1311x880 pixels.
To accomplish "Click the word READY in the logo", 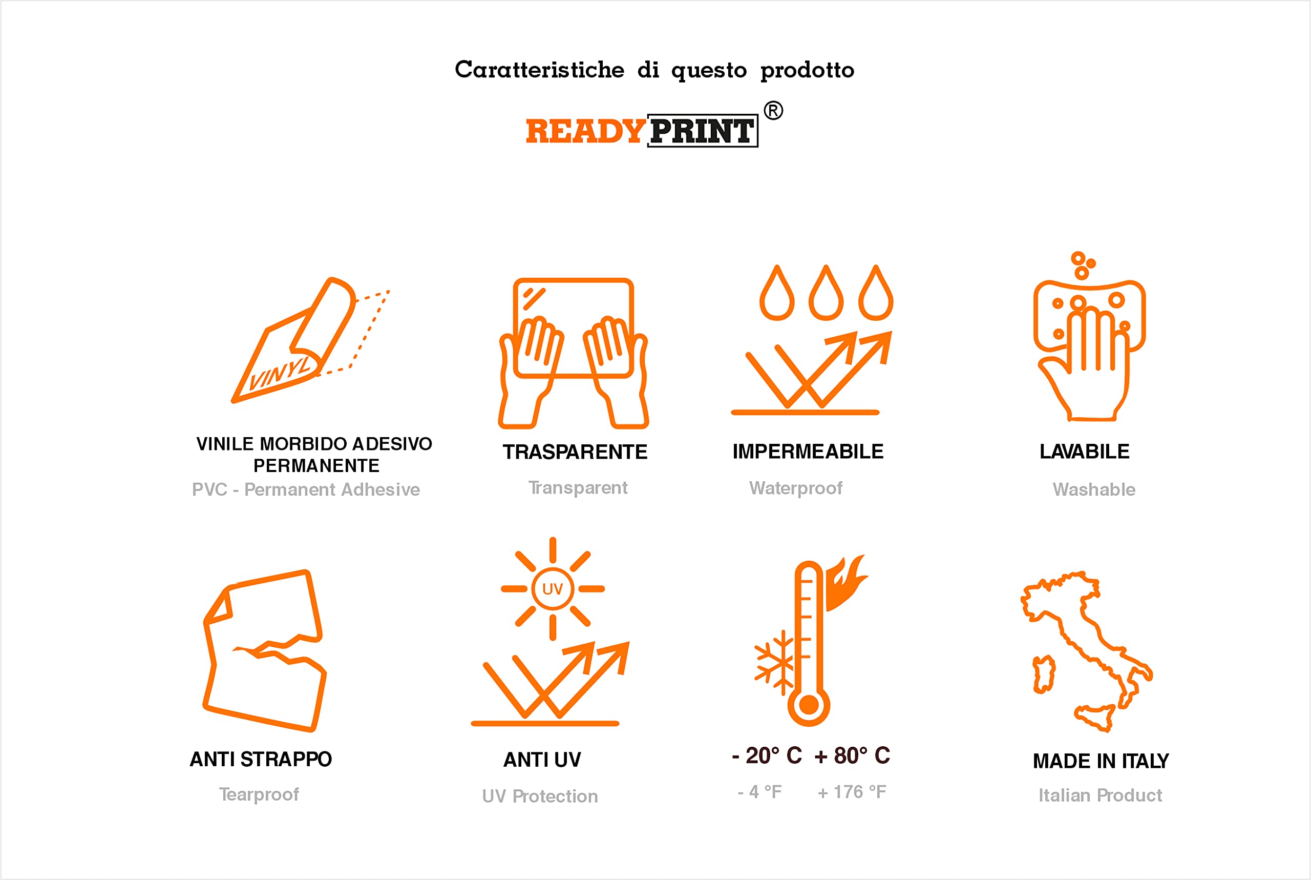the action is point(585,131).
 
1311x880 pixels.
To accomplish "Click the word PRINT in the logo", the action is point(703,131).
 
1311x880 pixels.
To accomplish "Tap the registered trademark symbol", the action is point(773,111).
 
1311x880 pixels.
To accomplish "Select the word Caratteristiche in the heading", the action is point(539,70).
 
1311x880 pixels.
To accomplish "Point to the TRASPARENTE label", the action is point(575,452).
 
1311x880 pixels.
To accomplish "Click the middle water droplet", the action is point(826,293).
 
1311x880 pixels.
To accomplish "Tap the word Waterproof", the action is point(796,488).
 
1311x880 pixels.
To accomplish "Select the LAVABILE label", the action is point(1085,451).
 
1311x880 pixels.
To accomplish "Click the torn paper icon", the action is point(264,650).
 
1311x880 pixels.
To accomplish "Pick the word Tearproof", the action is point(259,794).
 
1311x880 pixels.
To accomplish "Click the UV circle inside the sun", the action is point(553,589).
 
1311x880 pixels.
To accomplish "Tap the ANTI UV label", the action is point(542,760).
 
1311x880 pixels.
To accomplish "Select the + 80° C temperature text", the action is point(852,755).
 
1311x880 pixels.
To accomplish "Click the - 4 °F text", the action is point(760,792).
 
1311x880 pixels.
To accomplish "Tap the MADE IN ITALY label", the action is point(1101,761).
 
